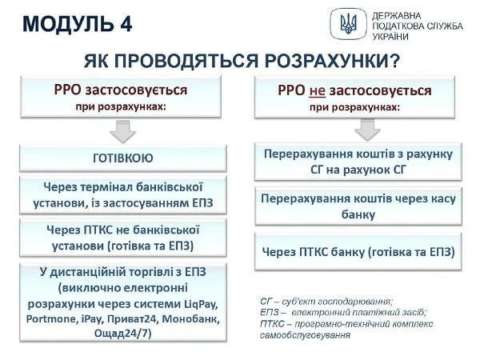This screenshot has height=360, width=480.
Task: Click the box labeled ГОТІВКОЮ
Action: point(122,158)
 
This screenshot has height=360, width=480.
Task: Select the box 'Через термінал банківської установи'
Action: point(122,194)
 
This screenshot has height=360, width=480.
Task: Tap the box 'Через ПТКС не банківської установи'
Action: point(122,237)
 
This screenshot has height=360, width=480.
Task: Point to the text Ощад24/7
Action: point(122,334)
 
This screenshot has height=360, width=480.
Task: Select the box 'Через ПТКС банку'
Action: point(358,251)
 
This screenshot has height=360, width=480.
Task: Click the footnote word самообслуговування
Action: point(306,335)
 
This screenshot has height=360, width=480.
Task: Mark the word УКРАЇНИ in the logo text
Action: point(390,37)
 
